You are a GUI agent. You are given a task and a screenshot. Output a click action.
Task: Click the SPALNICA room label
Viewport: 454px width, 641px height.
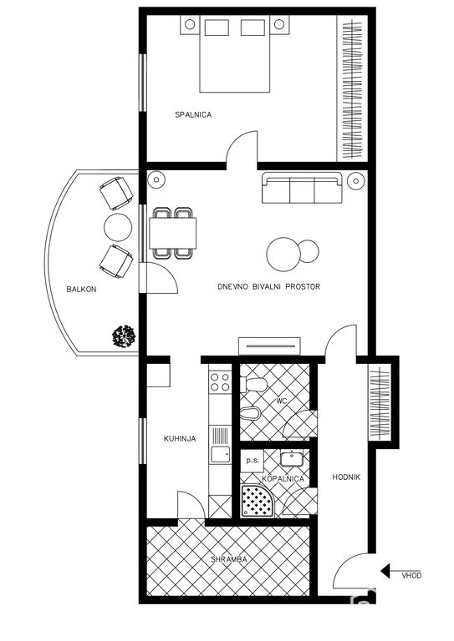tap(193, 115)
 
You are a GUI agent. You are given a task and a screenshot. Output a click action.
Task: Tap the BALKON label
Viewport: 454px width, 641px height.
tap(81, 290)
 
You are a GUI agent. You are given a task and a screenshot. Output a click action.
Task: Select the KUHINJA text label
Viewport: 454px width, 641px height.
tap(180, 439)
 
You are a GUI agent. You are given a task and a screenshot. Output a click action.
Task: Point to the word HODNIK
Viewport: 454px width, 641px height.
tap(346, 477)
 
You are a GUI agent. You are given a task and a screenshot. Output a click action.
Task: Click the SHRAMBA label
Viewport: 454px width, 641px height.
tap(229, 559)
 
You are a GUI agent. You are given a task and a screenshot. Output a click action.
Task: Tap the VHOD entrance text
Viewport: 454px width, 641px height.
tap(411, 576)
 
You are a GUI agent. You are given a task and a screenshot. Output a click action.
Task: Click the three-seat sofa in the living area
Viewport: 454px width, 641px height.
tap(302, 188)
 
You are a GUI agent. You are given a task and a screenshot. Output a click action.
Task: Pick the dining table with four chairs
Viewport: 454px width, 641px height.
tap(172, 233)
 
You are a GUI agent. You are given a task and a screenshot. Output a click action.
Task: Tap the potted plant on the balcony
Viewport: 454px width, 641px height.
tap(124, 336)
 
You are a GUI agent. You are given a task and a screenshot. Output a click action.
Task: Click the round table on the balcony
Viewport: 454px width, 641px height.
tap(118, 227)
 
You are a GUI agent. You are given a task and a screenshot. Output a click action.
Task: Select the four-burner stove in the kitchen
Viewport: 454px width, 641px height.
tap(220, 381)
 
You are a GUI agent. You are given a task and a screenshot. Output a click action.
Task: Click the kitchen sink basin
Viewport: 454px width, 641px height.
tap(220, 454)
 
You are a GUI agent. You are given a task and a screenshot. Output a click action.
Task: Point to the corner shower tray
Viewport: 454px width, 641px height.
tap(258, 501)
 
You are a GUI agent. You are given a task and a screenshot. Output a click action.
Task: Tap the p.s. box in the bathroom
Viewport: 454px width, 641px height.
tap(253, 461)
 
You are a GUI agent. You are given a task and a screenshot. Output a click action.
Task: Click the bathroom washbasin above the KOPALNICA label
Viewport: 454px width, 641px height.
tap(292, 458)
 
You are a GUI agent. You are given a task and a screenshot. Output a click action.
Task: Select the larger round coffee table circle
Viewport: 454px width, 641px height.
tap(283, 255)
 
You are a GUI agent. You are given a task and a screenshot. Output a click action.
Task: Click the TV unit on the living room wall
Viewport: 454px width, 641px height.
tap(269, 346)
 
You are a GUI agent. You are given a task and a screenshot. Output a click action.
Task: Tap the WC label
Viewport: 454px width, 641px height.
tap(282, 401)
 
